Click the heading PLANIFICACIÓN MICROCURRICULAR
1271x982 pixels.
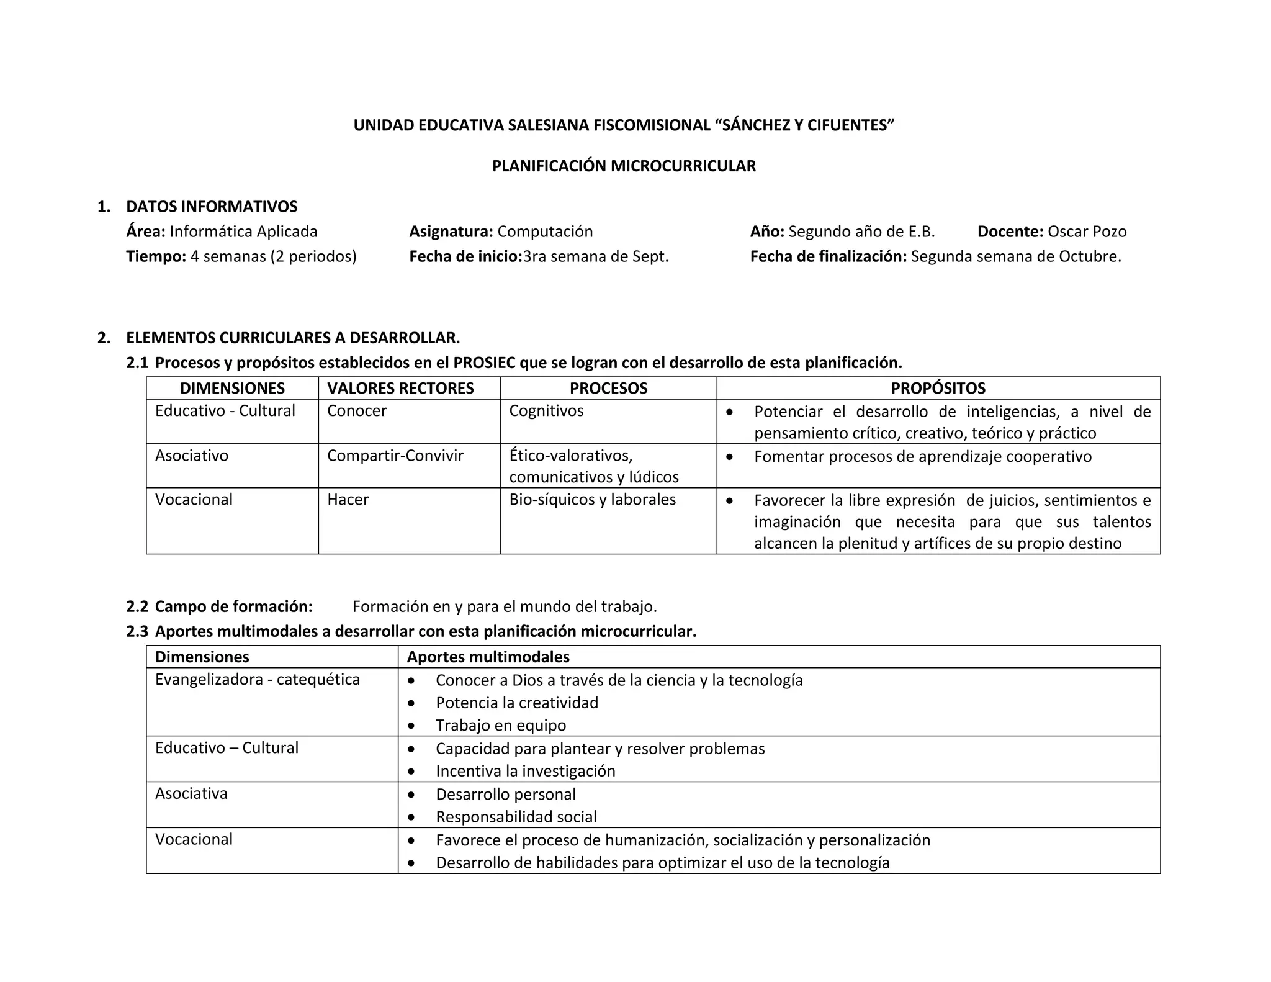624,166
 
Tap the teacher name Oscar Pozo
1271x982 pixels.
1087,232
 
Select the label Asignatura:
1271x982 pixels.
451,232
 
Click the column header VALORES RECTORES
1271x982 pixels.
400,389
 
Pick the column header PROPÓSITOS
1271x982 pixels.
938,389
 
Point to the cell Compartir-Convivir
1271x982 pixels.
395,456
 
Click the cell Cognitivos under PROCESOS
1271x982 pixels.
546,411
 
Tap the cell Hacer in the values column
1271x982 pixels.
348,500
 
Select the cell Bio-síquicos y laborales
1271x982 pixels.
592,500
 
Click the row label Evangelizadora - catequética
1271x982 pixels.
258,680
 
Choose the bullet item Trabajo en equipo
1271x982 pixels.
501,726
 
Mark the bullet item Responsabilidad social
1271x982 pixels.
516,817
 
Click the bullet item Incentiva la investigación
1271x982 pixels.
526,771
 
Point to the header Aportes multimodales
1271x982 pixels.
488,657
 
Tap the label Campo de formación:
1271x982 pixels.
233,606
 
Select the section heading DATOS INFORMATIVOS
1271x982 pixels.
212,207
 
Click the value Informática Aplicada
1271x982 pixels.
243,232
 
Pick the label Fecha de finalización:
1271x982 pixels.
828,256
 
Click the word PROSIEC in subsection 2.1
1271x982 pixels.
483,363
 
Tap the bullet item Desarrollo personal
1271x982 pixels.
506,795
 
